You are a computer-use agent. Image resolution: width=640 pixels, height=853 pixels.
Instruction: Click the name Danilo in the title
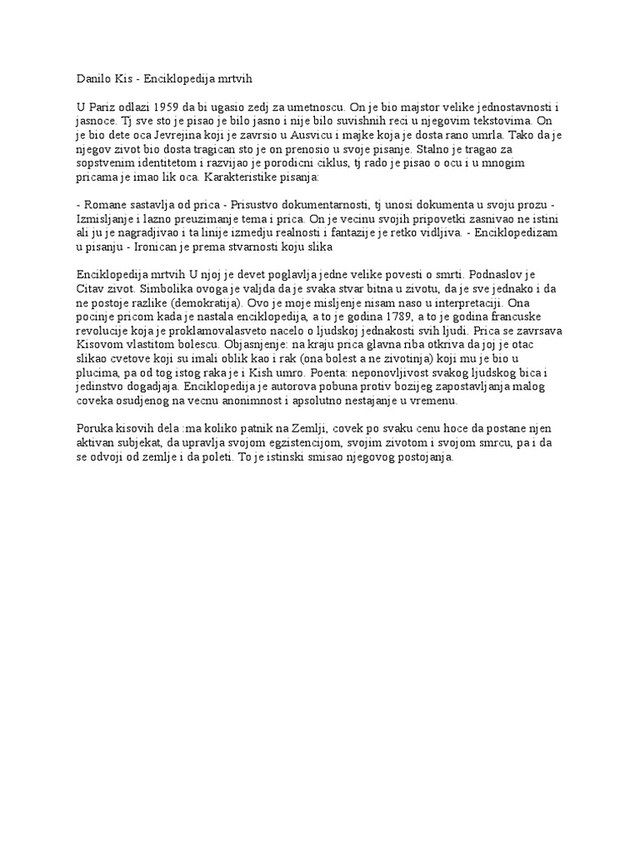92,79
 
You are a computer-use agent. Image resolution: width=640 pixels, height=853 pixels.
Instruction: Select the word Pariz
103,107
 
